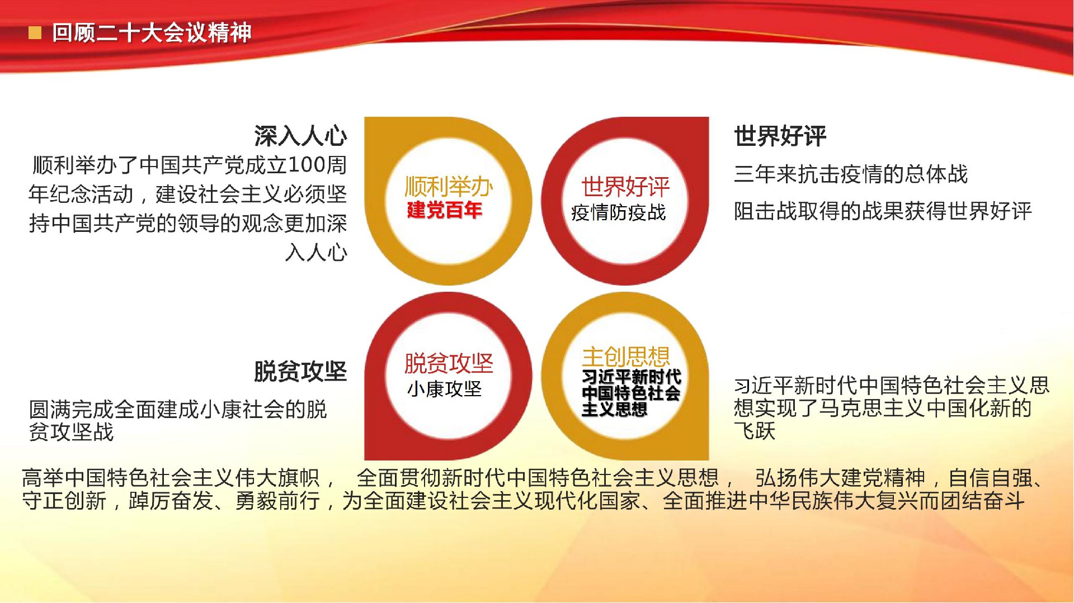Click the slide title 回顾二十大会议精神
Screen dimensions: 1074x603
pos(152,33)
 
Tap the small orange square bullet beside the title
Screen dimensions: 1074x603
pos(35,34)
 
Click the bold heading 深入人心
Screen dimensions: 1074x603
pos(300,136)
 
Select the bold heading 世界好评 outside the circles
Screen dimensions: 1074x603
pos(780,136)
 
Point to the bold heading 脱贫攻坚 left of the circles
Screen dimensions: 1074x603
pos(300,372)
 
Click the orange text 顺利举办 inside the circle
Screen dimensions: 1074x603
pos(449,187)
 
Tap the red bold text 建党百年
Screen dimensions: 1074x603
pos(445,210)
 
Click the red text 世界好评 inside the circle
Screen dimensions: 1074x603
pos(625,187)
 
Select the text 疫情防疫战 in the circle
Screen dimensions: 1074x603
pos(619,212)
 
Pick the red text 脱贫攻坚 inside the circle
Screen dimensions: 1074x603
pos(449,363)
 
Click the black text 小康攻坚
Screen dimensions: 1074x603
pos(445,389)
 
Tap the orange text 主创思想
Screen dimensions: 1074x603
pos(626,357)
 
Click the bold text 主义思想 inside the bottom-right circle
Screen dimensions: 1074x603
pos(614,410)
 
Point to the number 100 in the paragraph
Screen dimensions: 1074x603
pos(307,165)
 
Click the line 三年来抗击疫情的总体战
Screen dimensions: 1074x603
pos(851,174)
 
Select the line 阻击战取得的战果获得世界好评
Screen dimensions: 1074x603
pos(883,211)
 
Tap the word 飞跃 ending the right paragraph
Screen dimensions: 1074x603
pos(755,431)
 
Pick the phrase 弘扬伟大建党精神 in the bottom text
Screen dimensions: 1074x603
pos(840,478)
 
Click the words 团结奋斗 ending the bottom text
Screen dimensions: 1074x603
pos(983,501)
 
